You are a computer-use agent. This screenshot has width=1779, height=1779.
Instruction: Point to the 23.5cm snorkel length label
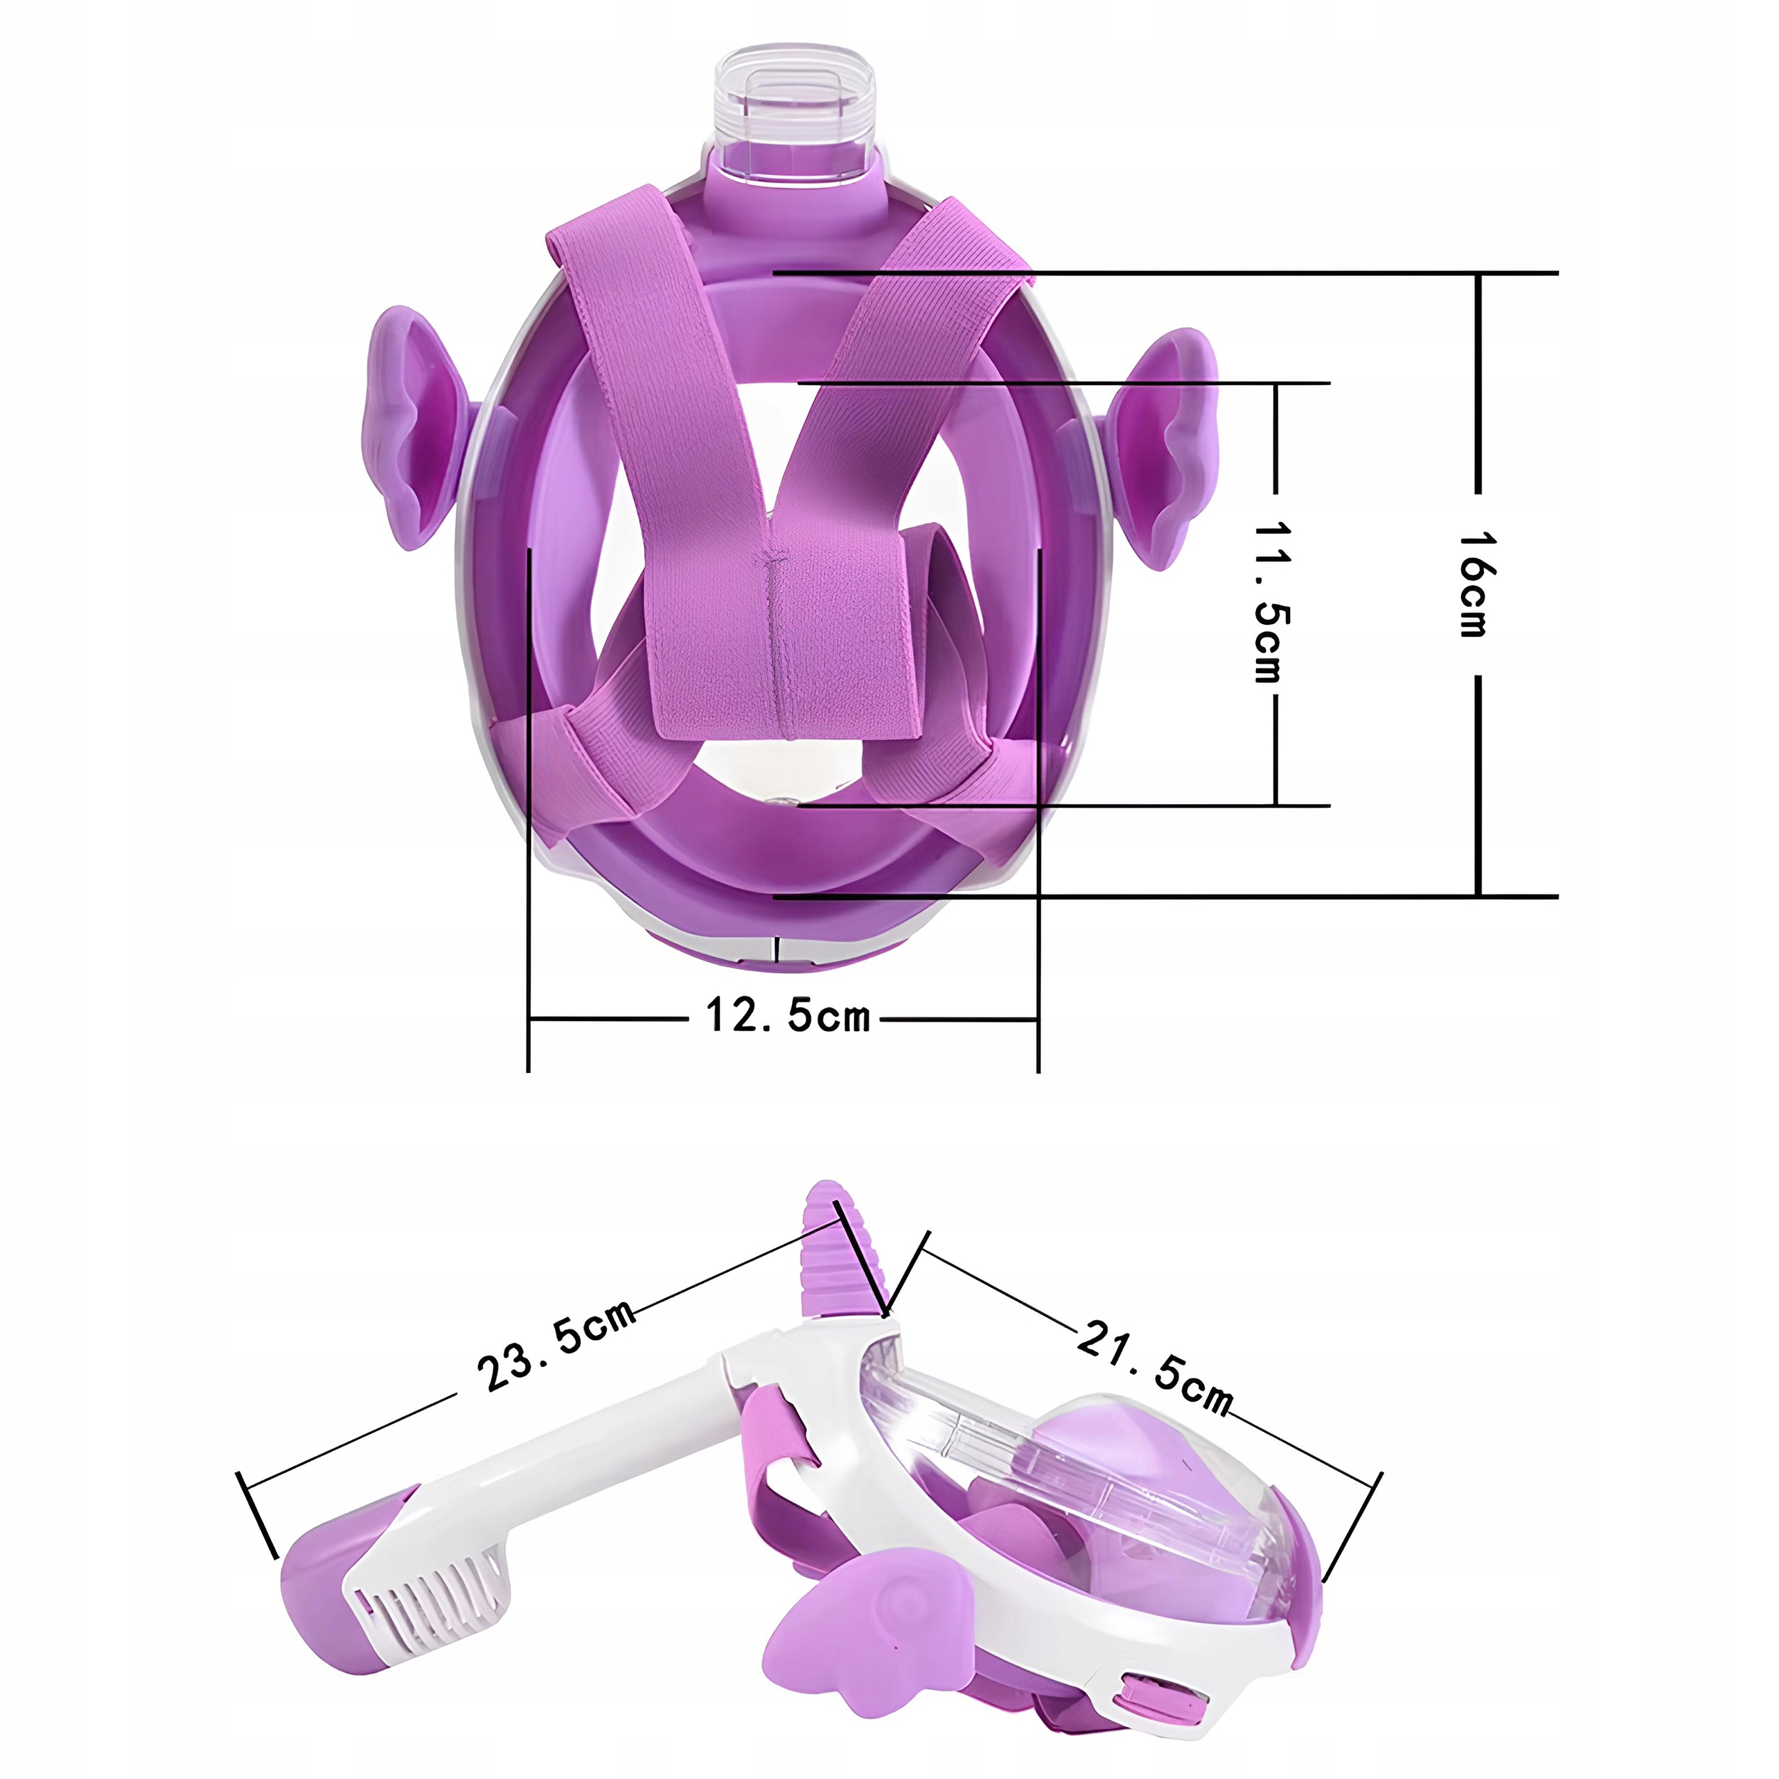[x=556, y=1344]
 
